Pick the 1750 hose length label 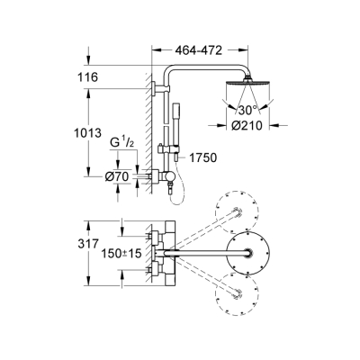(203, 159)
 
